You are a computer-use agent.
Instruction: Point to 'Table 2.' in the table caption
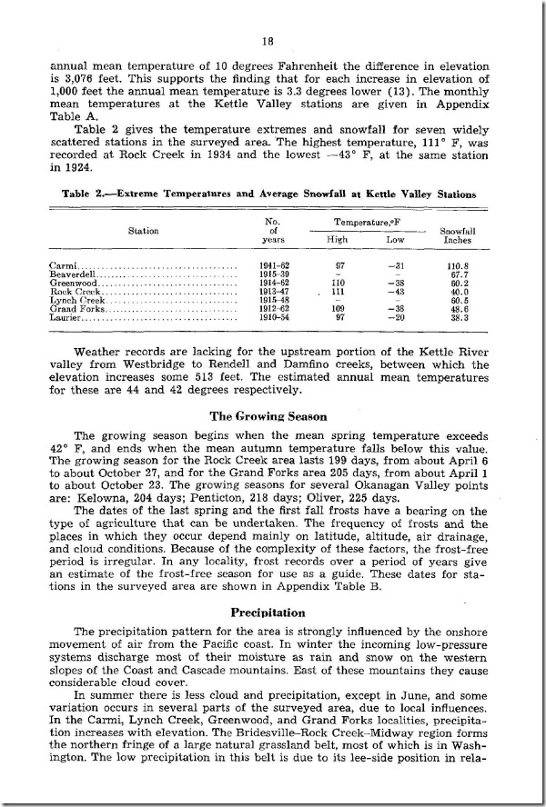pyautogui.click(x=86, y=194)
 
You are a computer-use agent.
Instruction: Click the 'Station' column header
pyautogui.click(x=144, y=231)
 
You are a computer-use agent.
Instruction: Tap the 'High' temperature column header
pyautogui.click(x=337, y=239)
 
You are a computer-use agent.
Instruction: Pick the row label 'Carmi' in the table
pyautogui.click(x=63, y=264)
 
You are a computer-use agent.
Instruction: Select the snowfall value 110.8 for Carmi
pyautogui.click(x=457, y=264)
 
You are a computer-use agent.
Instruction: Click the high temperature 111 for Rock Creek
pyautogui.click(x=338, y=292)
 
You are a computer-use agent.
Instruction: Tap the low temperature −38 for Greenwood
pyautogui.click(x=394, y=283)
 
